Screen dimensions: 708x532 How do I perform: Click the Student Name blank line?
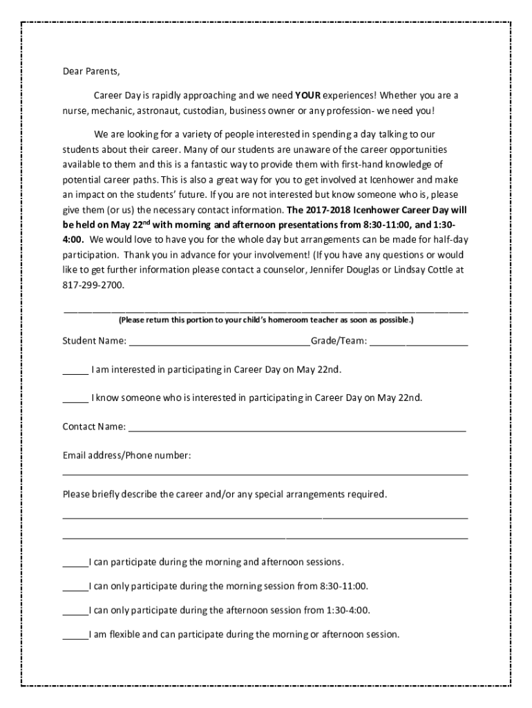pos(219,342)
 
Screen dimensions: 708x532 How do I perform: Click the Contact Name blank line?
pos(297,427)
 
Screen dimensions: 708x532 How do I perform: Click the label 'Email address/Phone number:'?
pos(126,456)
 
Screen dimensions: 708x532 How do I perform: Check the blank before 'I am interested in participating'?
pos(75,371)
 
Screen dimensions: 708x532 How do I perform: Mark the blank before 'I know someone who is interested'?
pos(75,399)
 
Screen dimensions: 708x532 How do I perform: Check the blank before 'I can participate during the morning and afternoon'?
pos(75,562)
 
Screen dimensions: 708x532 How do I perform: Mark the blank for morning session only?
pos(75,587)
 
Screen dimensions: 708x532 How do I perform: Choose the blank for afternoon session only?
pos(75,611)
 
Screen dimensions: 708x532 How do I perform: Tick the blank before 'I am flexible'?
pos(75,635)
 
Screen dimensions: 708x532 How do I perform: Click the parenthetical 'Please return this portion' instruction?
pos(265,321)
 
